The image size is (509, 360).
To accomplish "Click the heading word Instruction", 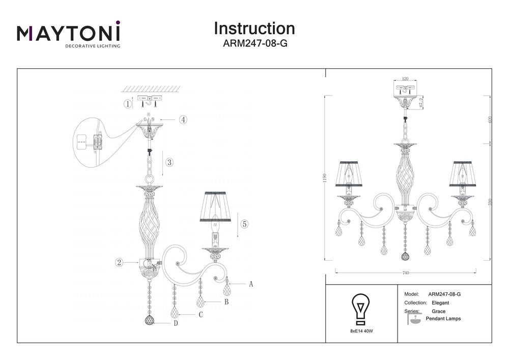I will pos(254,28).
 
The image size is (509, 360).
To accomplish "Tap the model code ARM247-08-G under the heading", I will pos(255,44).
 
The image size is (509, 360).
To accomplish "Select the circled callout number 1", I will pos(128,104).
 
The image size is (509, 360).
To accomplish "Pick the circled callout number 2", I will pos(119,263).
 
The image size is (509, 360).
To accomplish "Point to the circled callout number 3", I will pos(169,163).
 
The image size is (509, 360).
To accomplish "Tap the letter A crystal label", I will pos(251,284).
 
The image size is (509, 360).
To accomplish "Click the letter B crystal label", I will pos(226,302).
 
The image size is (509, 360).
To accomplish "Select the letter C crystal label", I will pos(201,315).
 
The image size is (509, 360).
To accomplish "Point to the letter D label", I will pos(175,323).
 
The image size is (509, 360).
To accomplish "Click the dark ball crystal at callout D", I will pos(149,321).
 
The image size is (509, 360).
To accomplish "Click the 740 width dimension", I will pos(406,273).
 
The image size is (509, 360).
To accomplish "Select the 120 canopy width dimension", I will pos(406,79).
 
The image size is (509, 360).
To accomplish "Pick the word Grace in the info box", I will pos(438,311).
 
